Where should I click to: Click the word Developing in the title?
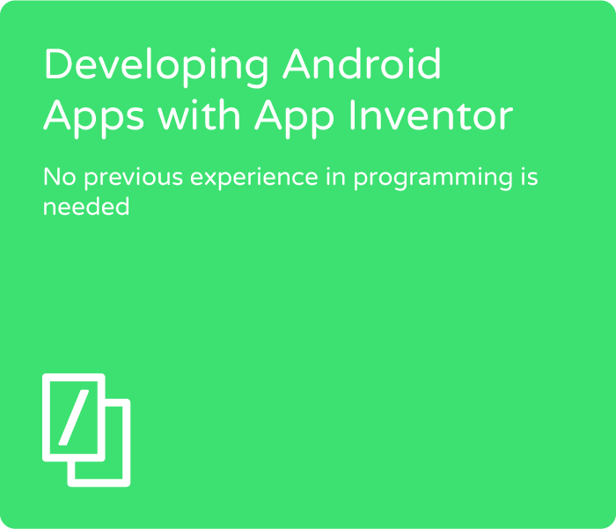[x=157, y=67]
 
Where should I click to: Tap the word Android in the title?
[x=362, y=63]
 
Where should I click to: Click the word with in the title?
[x=199, y=114]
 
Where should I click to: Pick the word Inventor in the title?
[x=431, y=114]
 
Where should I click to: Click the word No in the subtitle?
[x=59, y=177]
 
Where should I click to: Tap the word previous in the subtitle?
[x=134, y=179]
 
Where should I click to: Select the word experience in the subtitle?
[x=254, y=179]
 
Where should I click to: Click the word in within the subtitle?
[x=335, y=176]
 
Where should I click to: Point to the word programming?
[x=433, y=179]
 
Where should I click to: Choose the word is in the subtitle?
[x=530, y=176]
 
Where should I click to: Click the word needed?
[x=86, y=206]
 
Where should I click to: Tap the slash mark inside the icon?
[x=74, y=417]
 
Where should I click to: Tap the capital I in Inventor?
[x=352, y=114]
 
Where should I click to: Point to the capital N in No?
[x=51, y=177]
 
